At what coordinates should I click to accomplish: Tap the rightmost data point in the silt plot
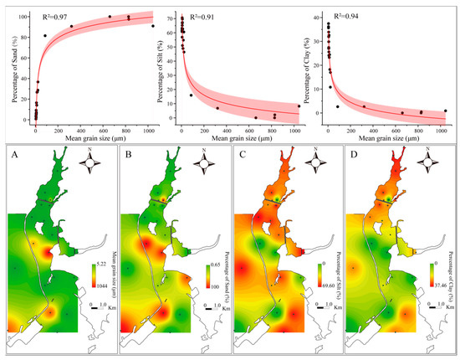tap(299, 106)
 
